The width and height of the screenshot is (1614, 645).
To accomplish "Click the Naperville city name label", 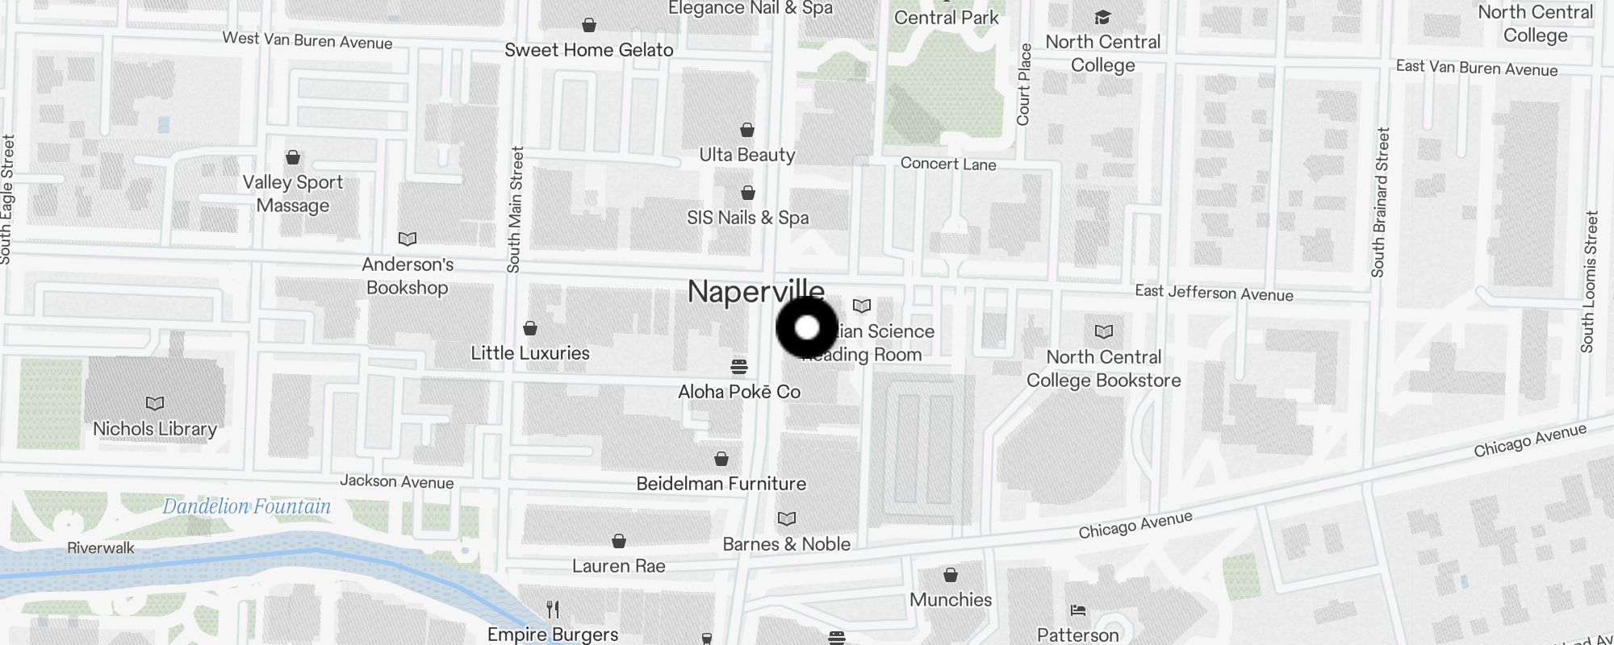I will tap(755, 291).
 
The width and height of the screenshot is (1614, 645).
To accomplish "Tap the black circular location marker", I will tap(807, 327).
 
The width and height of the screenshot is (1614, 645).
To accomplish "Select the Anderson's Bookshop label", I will tap(408, 276).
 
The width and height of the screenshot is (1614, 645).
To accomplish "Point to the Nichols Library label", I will tap(155, 429).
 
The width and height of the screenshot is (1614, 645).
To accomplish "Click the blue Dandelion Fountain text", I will tap(246, 506).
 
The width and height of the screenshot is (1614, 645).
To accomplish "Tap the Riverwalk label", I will tap(101, 548).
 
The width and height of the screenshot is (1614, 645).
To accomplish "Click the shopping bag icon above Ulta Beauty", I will tap(747, 130).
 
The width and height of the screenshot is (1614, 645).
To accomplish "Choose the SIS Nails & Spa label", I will tap(747, 218).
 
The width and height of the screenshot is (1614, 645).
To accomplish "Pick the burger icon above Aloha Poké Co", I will tap(738, 368).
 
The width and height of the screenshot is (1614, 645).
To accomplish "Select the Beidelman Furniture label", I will tap(721, 484).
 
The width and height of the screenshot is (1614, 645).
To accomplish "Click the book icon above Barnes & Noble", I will tap(786, 518).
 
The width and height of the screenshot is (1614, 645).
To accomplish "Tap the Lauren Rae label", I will tap(618, 566).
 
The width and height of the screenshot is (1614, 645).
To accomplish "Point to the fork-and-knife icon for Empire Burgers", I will tap(553, 609).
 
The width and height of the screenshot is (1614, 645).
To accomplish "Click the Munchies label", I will tap(951, 600).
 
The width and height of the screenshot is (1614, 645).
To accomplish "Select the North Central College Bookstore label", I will tap(1103, 368).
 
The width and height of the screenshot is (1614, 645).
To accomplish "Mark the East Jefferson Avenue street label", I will tap(1214, 293).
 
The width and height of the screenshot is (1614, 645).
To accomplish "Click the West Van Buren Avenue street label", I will tap(307, 40).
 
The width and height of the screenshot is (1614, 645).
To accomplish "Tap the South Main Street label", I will tap(515, 209).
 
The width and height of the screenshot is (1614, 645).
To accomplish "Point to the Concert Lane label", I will tap(948, 164).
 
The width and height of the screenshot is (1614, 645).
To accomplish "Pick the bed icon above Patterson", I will tap(1078, 610).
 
